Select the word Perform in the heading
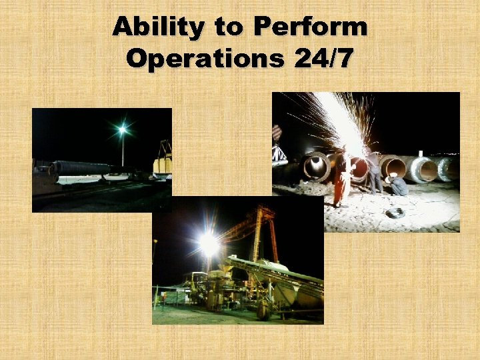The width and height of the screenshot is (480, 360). tap(311, 28)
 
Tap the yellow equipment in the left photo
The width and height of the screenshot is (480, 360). tap(163, 164)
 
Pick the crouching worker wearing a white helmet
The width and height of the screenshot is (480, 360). tap(397, 185)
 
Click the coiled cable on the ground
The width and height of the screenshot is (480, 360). tap(396, 213)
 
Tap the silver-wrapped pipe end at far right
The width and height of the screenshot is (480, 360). tap(445, 169)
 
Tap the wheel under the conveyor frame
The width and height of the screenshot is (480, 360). tap(263, 311)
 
